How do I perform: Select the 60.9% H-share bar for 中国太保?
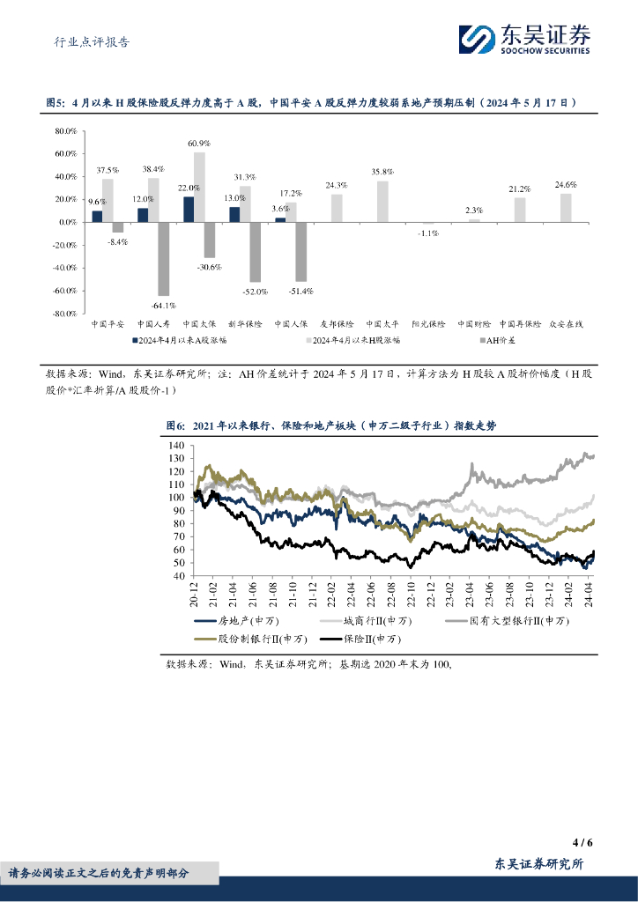click(199, 187)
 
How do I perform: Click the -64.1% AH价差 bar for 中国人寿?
click(163, 258)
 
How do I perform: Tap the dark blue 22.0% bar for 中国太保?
click(189, 210)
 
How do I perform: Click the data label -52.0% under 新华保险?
click(256, 292)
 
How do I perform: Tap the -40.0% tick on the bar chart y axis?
click(66, 268)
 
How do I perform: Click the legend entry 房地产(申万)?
click(229, 622)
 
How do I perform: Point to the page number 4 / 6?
click(581, 842)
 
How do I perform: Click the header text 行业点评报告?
click(85, 41)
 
